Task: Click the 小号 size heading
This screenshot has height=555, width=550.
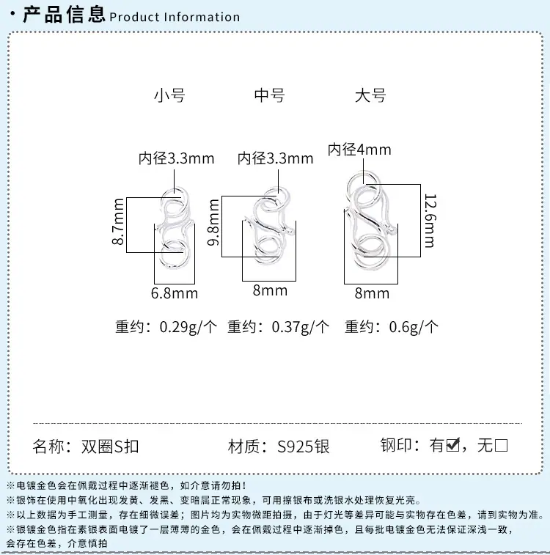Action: (169, 95)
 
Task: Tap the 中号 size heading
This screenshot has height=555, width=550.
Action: (270, 95)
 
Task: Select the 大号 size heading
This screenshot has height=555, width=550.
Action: (370, 95)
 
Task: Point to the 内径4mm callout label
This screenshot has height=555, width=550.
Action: (359, 150)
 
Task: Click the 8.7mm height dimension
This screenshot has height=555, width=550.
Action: (118, 221)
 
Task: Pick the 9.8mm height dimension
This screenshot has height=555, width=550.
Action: (214, 222)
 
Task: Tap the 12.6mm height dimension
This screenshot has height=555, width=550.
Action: (430, 221)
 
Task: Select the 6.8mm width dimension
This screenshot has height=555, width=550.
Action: (174, 293)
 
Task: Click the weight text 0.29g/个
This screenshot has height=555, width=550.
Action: (188, 326)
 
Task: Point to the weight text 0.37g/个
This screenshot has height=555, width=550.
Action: (301, 326)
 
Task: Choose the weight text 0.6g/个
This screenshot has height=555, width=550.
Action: (414, 326)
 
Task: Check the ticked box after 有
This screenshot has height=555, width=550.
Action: (453, 445)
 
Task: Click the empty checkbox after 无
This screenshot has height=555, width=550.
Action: (501, 445)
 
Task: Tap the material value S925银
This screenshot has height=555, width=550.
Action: (304, 446)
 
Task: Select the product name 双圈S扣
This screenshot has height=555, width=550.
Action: (110, 446)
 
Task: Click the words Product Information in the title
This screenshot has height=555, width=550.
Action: (175, 17)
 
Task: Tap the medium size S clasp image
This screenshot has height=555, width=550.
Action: (271, 227)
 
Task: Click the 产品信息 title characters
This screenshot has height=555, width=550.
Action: (64, 15)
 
